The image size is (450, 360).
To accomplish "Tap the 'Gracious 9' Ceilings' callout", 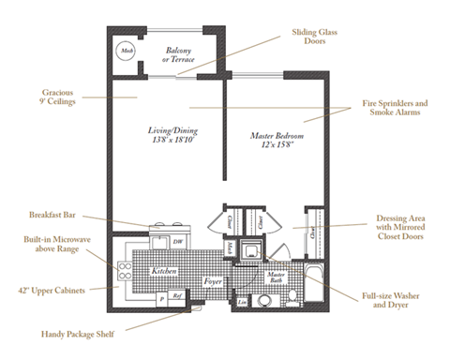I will tap(57, 97).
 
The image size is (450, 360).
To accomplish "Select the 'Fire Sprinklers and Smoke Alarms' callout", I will tap(395, 108).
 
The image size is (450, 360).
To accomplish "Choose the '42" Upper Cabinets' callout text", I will tap(57, 290).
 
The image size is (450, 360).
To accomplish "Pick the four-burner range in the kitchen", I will tap(123, 271).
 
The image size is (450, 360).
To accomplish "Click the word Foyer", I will tap(213, 280).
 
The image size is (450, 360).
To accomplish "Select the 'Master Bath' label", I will tap(277, 277).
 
